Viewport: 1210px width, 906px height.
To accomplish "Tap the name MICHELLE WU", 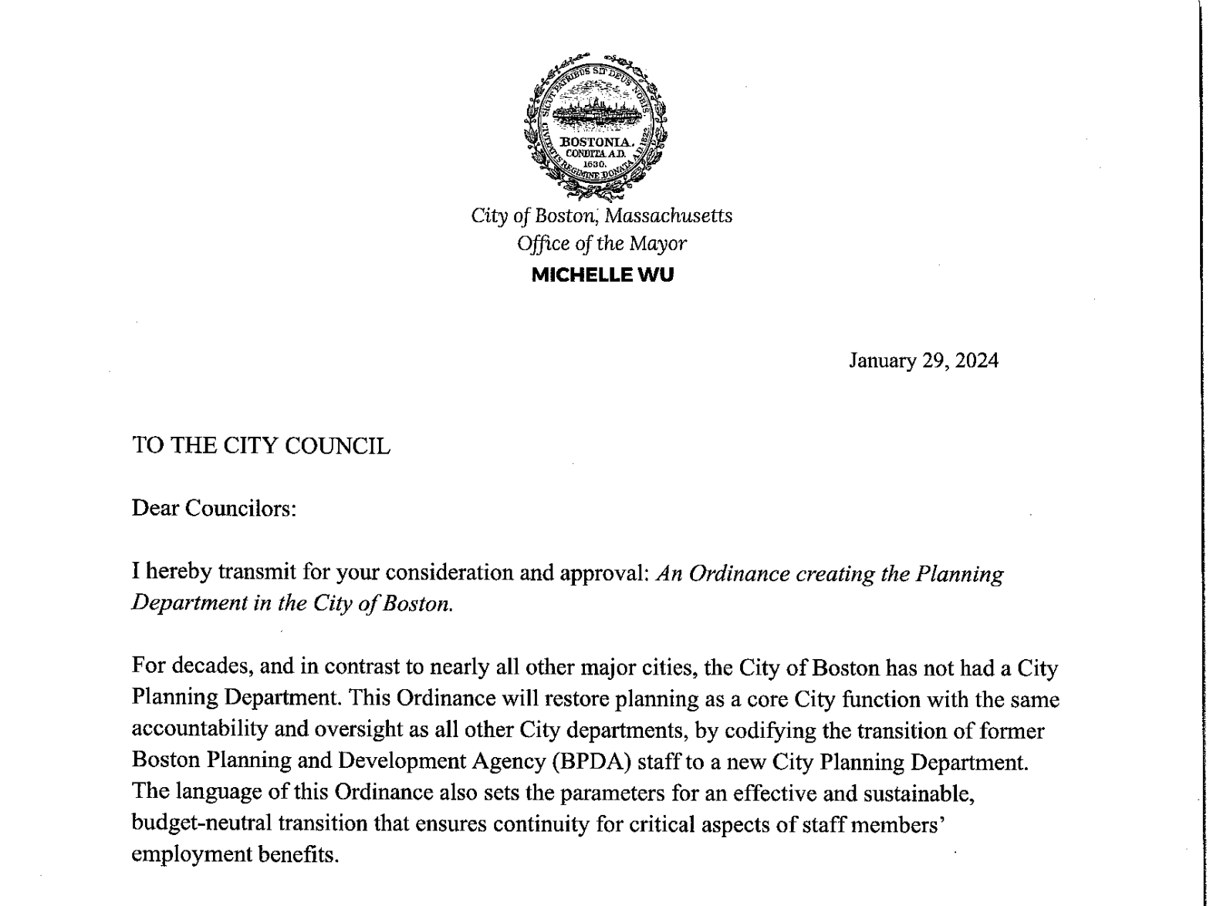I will pos(603,276).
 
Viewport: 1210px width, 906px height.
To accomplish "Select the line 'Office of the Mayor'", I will pos(602,244).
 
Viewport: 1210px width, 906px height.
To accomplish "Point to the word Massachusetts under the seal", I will pos(674,215).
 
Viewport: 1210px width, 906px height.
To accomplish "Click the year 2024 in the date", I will pos(976,360).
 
